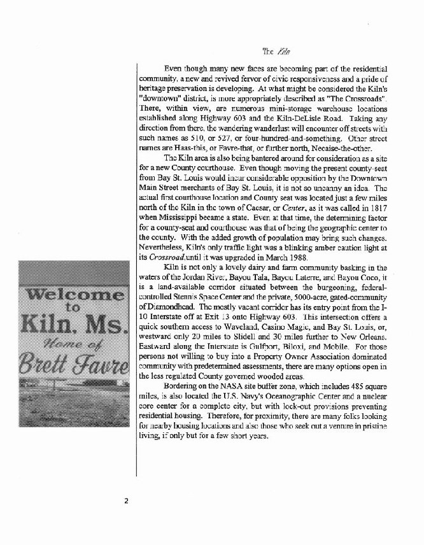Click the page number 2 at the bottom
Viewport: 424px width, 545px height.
127,500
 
